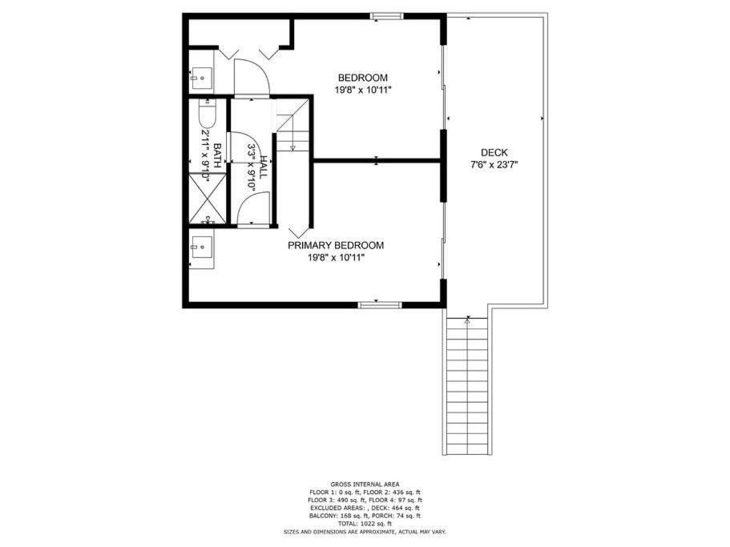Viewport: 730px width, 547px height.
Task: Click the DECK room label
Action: (494, 152)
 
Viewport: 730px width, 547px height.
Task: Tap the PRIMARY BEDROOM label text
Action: (336, 245)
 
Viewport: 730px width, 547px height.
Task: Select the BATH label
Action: (217, 155)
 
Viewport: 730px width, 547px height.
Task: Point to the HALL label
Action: (264, 168)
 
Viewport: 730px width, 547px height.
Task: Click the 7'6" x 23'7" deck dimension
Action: (494, 164)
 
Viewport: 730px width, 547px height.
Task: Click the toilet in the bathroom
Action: (207, 114)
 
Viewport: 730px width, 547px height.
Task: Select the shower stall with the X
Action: (208, 198)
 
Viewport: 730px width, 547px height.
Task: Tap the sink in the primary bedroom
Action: (202, 247)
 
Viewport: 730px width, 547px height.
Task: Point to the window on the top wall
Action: (386, 16)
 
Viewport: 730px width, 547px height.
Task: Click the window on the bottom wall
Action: (380, 305)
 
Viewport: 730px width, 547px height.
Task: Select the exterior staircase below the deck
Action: (467, 386)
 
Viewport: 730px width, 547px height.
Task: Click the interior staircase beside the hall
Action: (292, 125)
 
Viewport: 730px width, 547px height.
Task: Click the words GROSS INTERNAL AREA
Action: (365, 485)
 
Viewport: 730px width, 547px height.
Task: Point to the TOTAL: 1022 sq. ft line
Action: (365, 523)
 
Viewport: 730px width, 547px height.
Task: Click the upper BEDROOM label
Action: (363, 78)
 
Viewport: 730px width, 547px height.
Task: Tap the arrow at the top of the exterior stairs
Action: (467, 320)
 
